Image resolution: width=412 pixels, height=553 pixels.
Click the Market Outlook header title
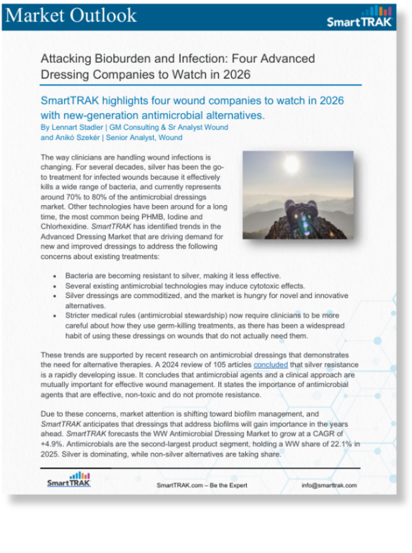(x=71, y=15)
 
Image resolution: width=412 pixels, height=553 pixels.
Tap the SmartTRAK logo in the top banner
(x=357, y=18)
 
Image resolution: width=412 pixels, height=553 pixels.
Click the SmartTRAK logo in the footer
(x=69, y=480)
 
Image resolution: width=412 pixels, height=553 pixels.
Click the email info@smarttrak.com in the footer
(x=329, y=485)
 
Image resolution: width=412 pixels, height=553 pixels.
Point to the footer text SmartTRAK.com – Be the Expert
(x=202, y=485)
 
